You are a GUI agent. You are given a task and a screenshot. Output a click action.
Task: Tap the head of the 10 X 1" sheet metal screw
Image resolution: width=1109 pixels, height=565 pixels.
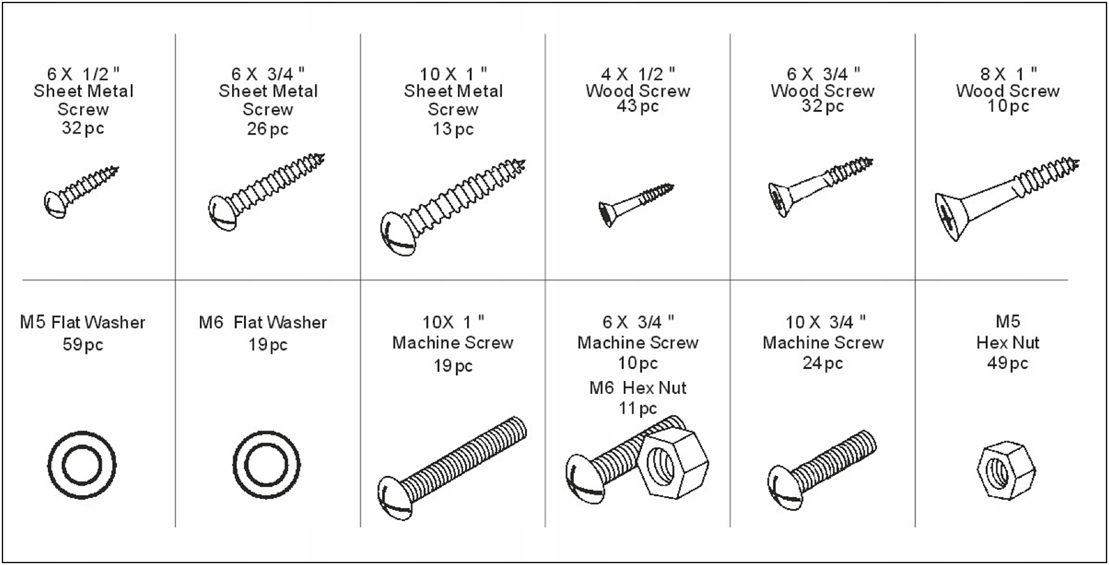click(397, 233)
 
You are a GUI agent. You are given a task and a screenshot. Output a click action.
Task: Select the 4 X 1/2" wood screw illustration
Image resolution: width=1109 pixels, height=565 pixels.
click(636, 204)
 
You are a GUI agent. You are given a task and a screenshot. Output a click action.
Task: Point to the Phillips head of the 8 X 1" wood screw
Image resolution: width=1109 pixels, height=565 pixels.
click(948, 216)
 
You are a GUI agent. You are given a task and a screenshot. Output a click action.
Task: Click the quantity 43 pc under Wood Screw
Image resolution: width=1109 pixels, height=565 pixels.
click(638, 106)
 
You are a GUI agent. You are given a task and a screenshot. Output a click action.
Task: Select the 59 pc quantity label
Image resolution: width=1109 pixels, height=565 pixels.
click(83, 344)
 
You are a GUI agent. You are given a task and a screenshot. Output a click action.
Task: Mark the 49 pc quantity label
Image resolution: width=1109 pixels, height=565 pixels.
click(1008, 363)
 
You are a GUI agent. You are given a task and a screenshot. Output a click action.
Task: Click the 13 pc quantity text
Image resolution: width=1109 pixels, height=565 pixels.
click(453, 129)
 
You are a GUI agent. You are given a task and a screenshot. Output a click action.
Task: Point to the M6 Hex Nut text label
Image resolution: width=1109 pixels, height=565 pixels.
click(638, 388)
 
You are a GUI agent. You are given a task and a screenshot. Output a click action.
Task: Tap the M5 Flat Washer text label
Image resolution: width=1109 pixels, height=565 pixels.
click(82, 322)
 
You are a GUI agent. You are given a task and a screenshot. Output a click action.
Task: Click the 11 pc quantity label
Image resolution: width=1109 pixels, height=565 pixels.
click(638, 408)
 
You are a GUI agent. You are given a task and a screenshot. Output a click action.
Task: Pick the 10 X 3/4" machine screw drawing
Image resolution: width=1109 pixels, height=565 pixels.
click(822, 470)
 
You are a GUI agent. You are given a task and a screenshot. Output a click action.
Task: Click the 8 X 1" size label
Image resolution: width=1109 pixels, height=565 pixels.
click(1008, 74)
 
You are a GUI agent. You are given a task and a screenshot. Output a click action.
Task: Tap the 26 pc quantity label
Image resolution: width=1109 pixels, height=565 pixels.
click(268, 129)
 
